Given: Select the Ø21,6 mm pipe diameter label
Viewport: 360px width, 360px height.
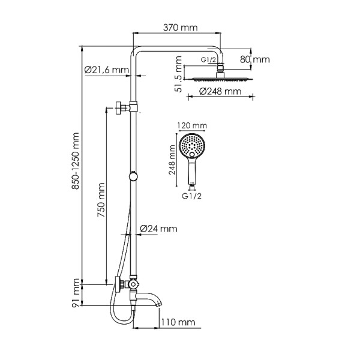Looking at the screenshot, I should click(x=107, y=70).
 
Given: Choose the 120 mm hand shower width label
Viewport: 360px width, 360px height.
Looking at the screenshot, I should click(x=192, y=126).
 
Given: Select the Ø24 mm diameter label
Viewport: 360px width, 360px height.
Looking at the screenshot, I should click(x=158, y=229).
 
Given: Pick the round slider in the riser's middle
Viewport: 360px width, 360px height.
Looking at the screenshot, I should click(x=133, y=176).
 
